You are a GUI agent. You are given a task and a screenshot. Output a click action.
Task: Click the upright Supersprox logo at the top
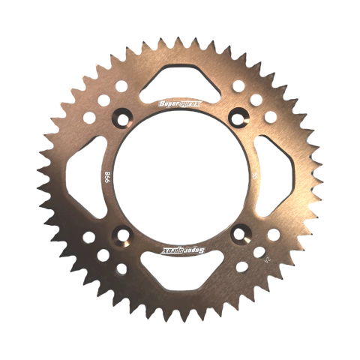(180, 101)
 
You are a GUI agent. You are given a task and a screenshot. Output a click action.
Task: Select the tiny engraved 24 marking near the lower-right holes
(260, 253)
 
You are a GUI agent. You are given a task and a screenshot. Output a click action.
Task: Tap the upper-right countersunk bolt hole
(240, 116)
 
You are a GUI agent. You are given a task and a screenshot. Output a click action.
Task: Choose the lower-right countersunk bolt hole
(240, 235)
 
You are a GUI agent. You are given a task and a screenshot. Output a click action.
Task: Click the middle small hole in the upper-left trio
(103, 100)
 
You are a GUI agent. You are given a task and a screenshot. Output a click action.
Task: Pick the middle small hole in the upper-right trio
(256, 99)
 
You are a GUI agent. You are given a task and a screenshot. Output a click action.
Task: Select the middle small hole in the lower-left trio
(103, 254)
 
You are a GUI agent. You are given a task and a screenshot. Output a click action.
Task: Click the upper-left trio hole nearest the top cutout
(121, 85)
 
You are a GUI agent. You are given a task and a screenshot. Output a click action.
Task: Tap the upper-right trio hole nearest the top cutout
(238, 85)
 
